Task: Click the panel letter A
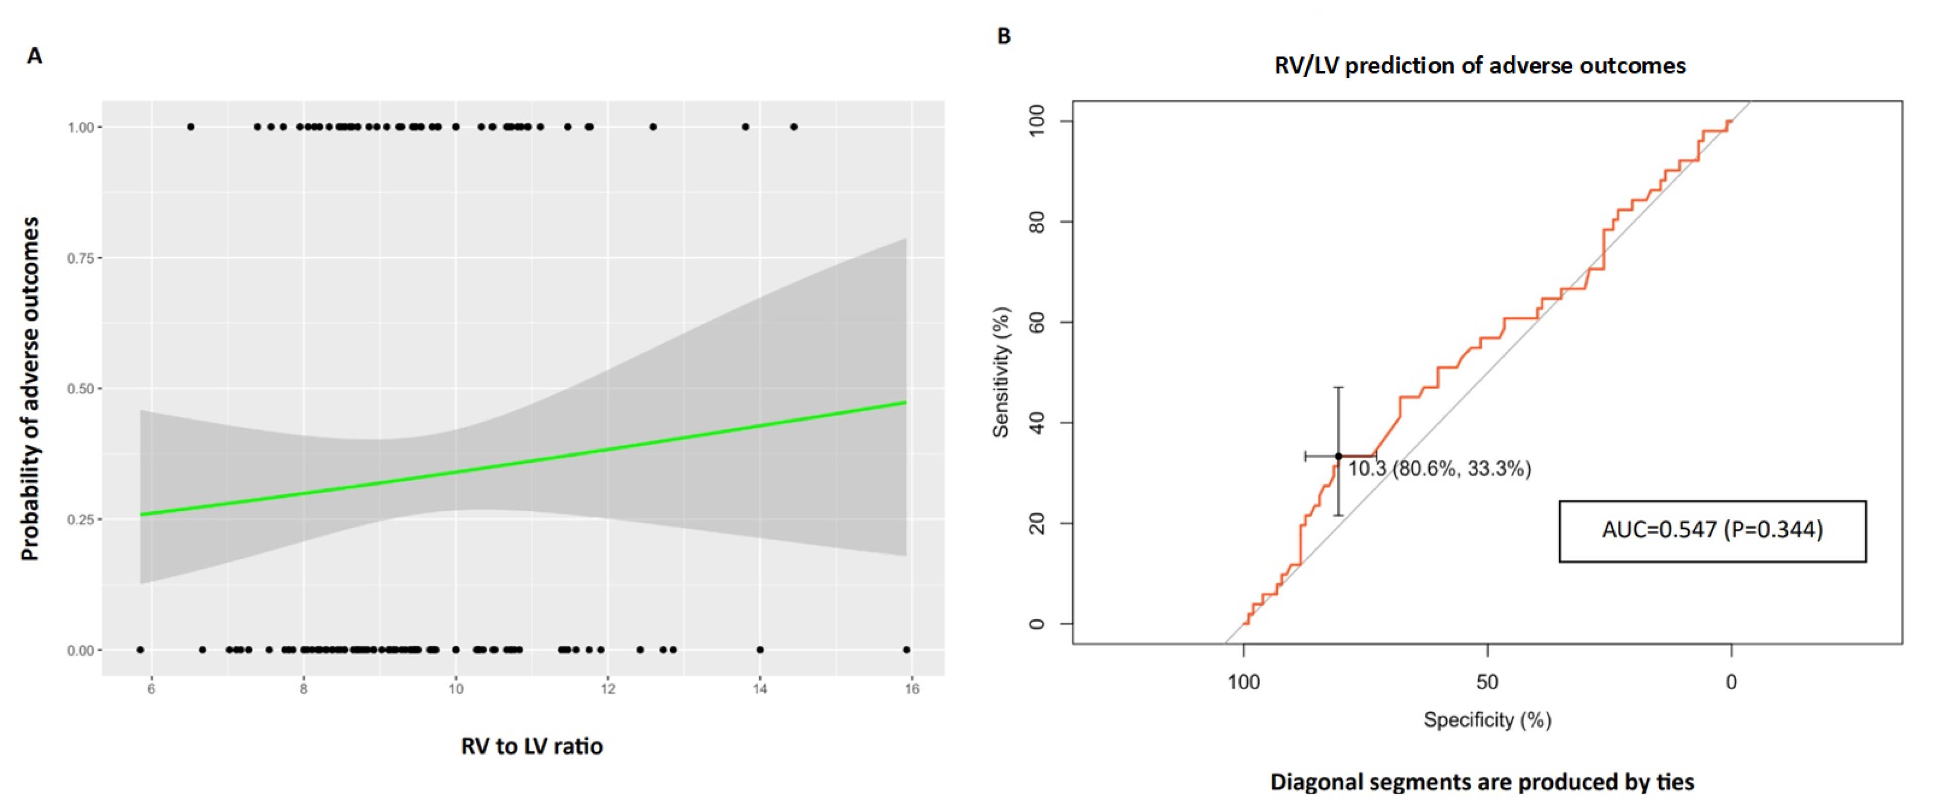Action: (x=35, y=56)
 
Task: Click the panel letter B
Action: (x=1003, y=36)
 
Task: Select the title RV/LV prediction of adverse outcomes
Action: (x=1480, y=66)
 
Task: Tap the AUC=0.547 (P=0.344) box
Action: (x=1712, y=531)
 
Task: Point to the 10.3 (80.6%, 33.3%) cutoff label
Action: (x=1439, y=469)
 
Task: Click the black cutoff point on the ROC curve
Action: (x=1339, y=456)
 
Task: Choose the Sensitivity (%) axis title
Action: (x=1001, y=373)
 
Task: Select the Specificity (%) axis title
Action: (x=1487, y=720)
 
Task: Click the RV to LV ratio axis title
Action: (x=532, y=746)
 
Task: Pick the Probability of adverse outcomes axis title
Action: (x=30, y=389)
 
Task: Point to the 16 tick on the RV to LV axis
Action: (x=912, y=689)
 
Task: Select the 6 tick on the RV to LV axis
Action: (x=152, y=689)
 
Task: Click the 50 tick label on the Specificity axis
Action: (x=1487, y=682)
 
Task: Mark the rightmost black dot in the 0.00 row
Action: (x=906, y=650)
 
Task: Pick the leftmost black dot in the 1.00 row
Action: (x=191, y=127)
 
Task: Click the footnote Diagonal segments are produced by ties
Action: (x=1482, y=782)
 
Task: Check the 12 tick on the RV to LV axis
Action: (x=608, y=689)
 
